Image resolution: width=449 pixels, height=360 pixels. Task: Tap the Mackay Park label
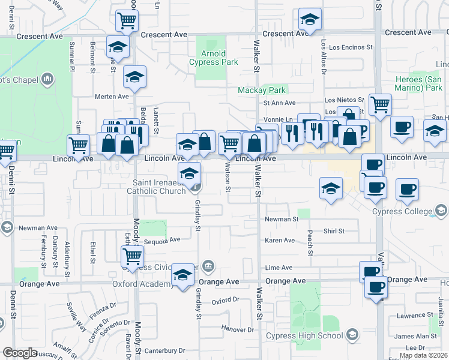click(x=262, y=90)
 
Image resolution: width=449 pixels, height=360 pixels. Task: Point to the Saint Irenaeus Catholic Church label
click(x=158, y=187)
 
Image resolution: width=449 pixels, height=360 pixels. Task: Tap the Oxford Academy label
click(x=143, y=284)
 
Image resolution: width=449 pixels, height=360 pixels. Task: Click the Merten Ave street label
click(x=112, y=96)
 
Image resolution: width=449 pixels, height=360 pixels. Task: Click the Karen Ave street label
click(x=280, y=240)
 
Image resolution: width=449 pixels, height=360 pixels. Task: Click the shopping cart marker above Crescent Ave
click(x=127, y=20)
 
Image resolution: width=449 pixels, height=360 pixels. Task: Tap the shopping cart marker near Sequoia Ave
click(x=132, y=256)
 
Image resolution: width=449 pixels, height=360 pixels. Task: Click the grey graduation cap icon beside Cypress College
click(x=441, y=211)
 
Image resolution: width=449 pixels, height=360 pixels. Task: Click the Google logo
click(x=19, y=353)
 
